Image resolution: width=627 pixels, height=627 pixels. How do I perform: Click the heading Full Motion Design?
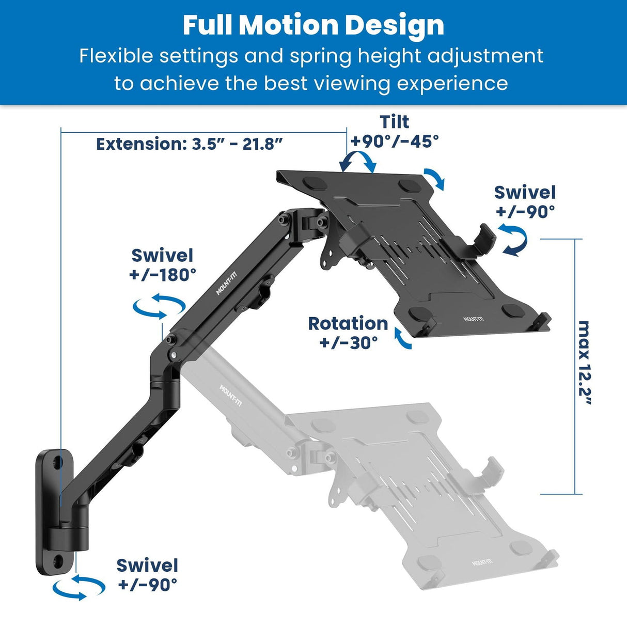point(314,25)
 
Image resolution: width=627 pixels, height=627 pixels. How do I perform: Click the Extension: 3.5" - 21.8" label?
point(190,144)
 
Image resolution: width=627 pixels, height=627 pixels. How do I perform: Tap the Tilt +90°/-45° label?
point(395,131)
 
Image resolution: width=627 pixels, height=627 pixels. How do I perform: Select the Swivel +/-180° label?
point(162,265)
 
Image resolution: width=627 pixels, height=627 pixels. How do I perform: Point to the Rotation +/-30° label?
point(348,333)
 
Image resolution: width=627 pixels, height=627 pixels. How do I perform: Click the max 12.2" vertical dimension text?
point(584,364)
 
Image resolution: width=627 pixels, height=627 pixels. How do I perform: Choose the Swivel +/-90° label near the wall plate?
point(147,574)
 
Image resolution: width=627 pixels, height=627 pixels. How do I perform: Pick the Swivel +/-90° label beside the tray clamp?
point(525,201)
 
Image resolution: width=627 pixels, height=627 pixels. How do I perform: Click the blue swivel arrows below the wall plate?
point(79,588)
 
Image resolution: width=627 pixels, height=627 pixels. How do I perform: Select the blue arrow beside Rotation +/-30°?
point(403,338)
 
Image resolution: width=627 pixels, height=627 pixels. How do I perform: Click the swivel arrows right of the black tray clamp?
point(514,241)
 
